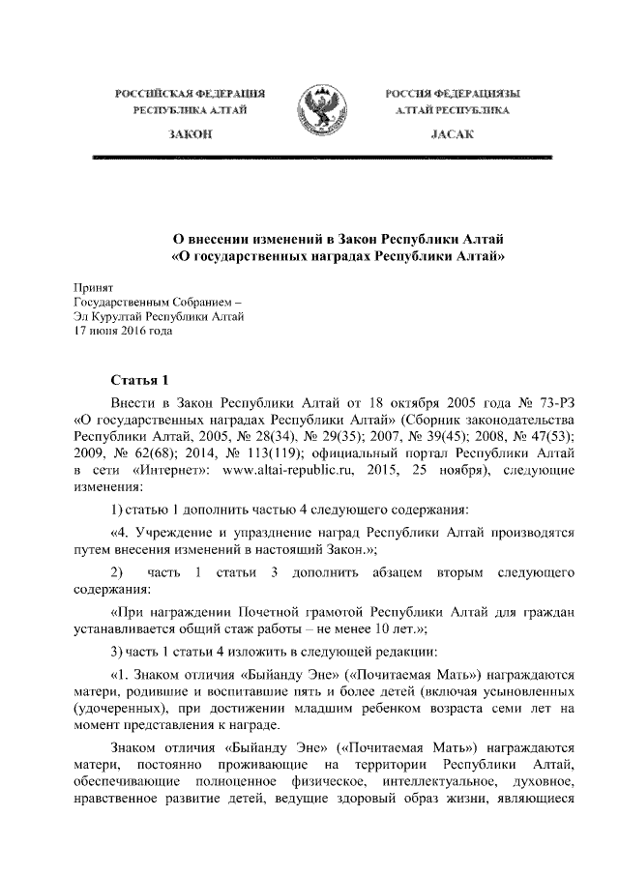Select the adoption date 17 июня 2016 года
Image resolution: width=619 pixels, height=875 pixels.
[x=123, y=330]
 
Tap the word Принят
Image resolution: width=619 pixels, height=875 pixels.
[x=94, y=287]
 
